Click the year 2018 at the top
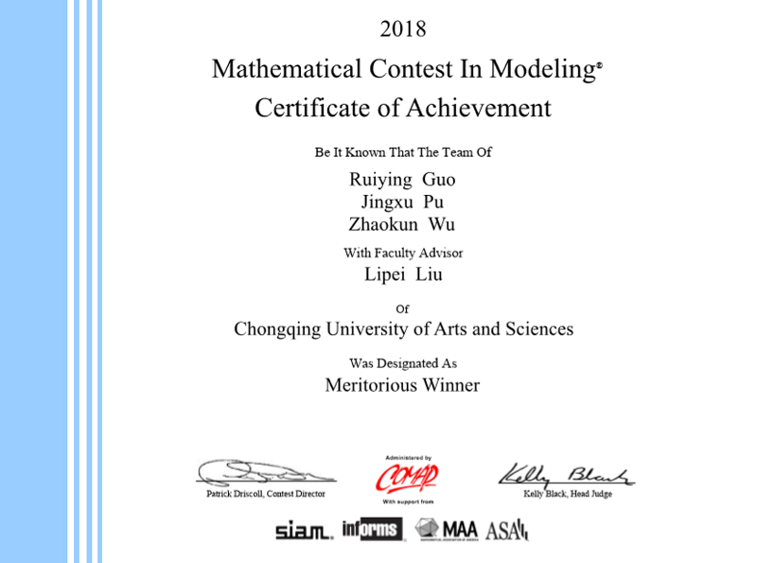[403, 29]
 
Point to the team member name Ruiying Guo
[402, 179]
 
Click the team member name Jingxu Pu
[402, 202]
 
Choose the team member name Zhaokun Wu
[402, 224]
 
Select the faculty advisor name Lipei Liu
[403, 275]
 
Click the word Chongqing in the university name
[277, 329]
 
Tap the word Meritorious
[368, 385]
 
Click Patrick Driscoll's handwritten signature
[265, 472]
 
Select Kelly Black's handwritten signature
[566, 473]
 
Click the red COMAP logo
[407, 477]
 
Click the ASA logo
[506, 531]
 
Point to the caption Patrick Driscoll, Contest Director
[266, 494]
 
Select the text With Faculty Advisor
[403, 253]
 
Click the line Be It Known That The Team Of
[403, 152]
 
